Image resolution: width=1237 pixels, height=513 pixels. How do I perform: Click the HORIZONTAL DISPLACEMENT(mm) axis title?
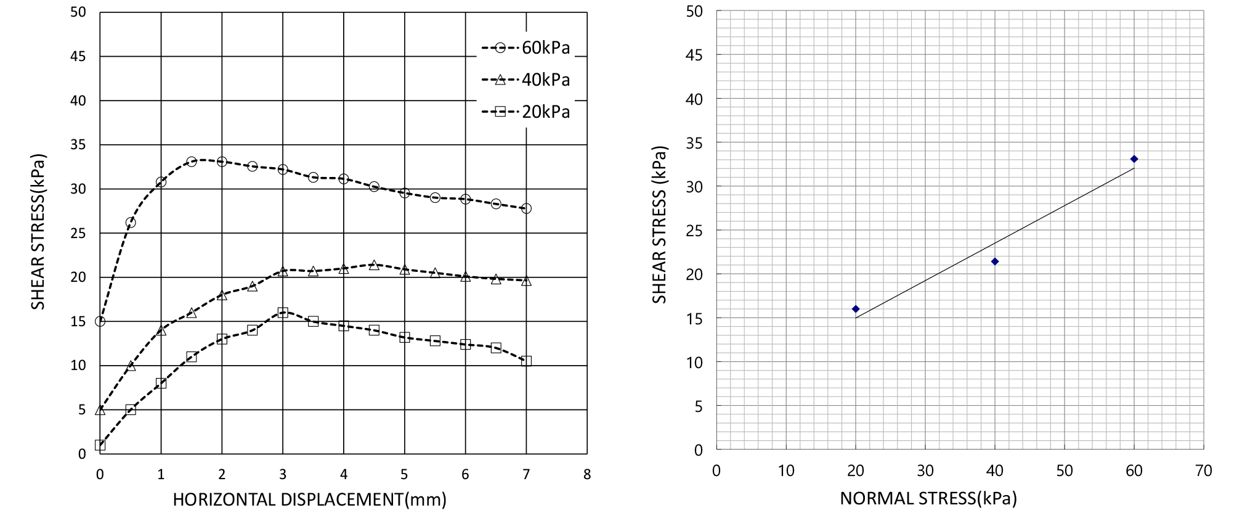tap(309, 499)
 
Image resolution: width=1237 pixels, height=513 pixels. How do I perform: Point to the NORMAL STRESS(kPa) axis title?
tap(928, 498)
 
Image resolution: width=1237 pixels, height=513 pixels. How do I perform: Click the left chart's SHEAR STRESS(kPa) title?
tap(38, 232)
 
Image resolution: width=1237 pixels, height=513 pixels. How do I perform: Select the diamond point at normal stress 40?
tap(995, 261)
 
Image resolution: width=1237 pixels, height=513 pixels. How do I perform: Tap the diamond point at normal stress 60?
tap(1134, 159)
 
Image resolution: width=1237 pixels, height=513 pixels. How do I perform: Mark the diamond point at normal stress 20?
tap(856, 309)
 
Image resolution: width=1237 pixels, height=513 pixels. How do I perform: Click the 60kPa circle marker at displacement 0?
tap(100, 321)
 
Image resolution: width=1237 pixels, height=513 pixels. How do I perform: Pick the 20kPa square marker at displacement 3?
tap(283, 313)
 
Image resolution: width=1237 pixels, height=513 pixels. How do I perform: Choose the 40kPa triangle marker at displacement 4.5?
tap(374, 265)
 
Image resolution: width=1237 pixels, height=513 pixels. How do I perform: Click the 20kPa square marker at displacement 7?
tap(526, 361)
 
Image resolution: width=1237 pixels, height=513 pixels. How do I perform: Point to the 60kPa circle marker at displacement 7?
tap(526, 208)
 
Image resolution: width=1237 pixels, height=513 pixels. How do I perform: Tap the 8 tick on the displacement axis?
tap(587, 474)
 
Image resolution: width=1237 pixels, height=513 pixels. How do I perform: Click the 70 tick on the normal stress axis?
tap(1204, 471)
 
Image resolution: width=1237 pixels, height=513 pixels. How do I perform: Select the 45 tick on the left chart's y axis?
tap(78, 56)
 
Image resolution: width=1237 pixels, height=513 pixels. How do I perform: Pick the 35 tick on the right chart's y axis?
tap(694, 143)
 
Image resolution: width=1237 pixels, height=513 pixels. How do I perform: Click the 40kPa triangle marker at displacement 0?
tap(100, 410)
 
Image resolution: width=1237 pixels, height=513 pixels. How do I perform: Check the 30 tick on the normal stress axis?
tap(925, 471)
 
